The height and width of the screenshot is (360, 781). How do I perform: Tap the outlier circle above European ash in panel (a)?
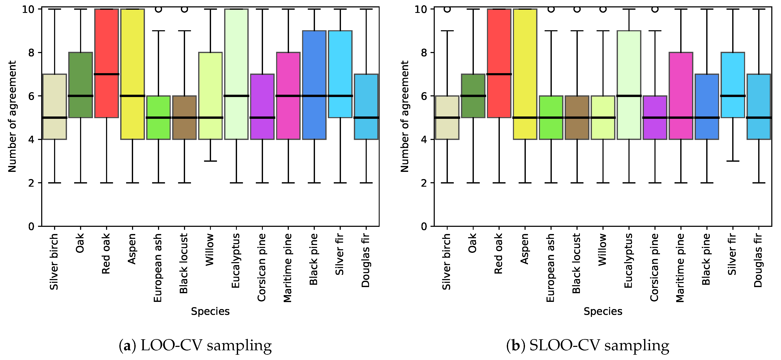158,9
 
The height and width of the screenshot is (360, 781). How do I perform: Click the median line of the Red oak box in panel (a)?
106,74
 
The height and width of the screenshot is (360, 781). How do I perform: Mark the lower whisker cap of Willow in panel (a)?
210,161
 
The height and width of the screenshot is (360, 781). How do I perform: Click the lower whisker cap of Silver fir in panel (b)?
733,161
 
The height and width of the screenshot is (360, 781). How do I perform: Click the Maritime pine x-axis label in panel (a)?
288,267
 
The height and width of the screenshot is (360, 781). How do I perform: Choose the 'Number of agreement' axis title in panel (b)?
405,116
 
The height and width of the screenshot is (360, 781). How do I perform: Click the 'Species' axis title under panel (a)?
210,311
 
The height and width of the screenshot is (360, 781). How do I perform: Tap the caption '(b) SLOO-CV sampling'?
587,345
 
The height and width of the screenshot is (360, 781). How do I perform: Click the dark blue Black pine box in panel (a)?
314,61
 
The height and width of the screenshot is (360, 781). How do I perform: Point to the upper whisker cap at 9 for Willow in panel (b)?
603,31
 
